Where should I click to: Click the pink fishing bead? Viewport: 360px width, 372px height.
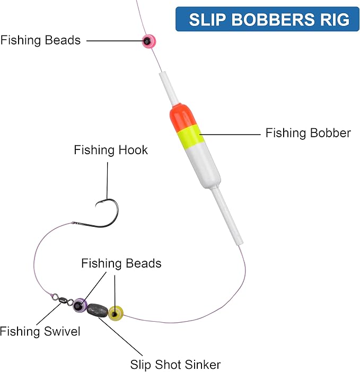pos(149,41)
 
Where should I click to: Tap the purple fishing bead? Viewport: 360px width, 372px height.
pos(80,305)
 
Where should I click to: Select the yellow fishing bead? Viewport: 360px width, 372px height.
pos(116,313)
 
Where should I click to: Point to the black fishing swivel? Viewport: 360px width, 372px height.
pos(62,299)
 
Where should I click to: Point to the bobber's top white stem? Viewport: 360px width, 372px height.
pos(168,88)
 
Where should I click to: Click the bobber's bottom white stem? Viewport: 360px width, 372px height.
pos(227,216)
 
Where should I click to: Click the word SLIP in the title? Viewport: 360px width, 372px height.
pos(207,19)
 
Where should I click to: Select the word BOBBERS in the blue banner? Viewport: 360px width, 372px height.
pos(273,19)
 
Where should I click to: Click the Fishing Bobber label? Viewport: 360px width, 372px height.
pos(308,133)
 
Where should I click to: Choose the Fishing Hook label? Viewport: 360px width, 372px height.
pos(111,150)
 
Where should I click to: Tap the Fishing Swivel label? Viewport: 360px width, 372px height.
pos(40,331)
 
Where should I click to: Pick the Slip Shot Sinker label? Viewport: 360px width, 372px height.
pos(175,365)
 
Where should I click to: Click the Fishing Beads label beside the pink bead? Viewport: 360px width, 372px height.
pos(40,40)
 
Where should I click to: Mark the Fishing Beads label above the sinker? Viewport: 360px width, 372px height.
pos(121,263)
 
